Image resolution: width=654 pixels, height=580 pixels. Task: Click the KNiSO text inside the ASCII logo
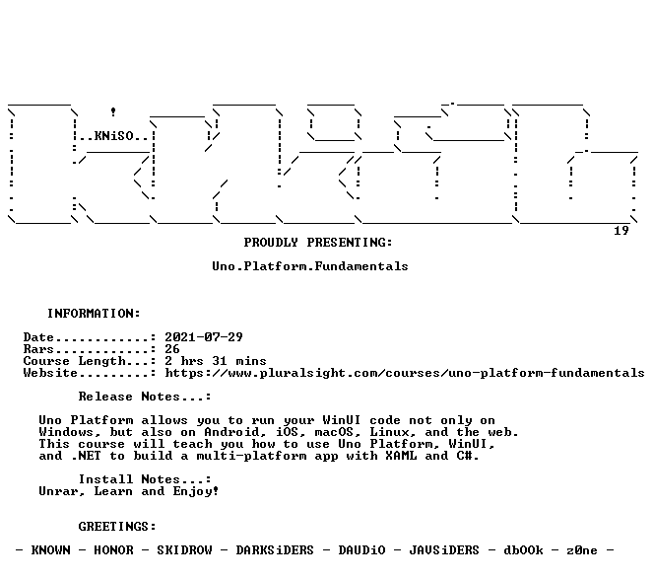pyautogui.click(x=114, y=136)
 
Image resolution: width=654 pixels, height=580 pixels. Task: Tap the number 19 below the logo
pyautogui.click(x=621, y=231)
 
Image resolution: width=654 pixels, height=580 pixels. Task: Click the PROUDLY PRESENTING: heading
pyautogui.click(x=318, y=243)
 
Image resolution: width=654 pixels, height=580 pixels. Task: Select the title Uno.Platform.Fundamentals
pyautogui.click(x=310, y=266)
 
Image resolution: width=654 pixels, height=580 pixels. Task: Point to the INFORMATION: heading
pyautogui.click(x=94, y=314)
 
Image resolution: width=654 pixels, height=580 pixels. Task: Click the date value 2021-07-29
pyautogui.click(x=204, y=337)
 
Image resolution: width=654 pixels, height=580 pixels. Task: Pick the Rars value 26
pyautogui.click(x=172, y=349)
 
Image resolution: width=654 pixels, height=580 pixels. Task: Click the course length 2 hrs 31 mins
pyautogui.click(x=216, y=361)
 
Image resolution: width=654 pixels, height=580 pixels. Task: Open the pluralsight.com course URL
pyautogui.click(x=405, y=373)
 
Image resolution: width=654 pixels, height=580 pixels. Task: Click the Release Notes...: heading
pyautogui.click(x=145, y=397)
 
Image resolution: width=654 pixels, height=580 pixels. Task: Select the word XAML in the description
pyautogui.click(x=401, y=456)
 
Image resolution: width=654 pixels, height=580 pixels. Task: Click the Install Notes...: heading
pyautogui.click(x=145, y=479)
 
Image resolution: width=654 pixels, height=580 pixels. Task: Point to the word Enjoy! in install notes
pyautogui.click(x=196, y=491)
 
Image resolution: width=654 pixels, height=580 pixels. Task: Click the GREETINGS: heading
pyautogui.click(x=117, y=527)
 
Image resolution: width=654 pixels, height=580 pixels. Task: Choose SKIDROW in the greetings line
pyautogui.click(x=184, y=550)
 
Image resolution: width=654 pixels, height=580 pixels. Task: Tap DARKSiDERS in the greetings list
pyautogui.click(x=275, y=550)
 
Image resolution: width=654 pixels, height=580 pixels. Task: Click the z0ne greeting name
pyautogui.click(x=582, y=550)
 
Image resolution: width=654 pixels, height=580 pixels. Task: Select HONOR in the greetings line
pyautogui.click(x=113, y=550)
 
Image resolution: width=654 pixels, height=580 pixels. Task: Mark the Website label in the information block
pyautogui.click(x=50, y=373)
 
